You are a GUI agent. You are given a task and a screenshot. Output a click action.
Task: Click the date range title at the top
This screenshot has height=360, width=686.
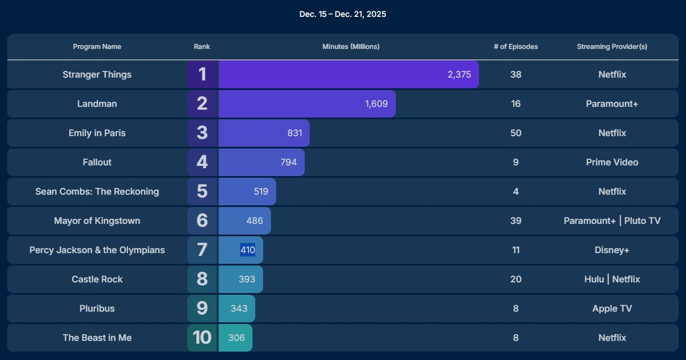click(342, 14)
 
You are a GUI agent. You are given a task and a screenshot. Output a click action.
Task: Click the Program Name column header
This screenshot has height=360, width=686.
click(97, 47)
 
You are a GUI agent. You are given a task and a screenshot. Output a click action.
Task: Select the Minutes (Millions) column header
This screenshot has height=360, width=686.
click(351, 47)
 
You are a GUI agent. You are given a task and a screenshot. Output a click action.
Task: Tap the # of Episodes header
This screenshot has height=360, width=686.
click(516, 47)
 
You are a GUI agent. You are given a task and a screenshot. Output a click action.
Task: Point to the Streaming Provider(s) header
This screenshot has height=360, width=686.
click(612, 47)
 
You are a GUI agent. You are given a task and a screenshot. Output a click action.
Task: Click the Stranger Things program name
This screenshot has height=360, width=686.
click(97, 75)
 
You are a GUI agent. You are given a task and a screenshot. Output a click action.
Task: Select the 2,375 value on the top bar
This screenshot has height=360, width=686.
click(459, 75)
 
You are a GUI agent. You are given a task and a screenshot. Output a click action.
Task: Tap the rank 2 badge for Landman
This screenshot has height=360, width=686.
click(202, 103)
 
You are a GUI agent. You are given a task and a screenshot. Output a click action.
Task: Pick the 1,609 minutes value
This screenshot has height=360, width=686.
click(376, 104)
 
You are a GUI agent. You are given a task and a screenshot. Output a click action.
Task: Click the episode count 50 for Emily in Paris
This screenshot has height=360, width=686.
click(516, 133)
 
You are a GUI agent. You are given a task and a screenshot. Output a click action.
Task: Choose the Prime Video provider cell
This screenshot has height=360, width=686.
click(612, 163)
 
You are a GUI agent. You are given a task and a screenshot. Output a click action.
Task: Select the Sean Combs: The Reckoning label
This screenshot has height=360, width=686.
click(97, 192)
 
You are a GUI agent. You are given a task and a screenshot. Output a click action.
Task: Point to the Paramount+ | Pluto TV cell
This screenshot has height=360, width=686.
click(612, 221)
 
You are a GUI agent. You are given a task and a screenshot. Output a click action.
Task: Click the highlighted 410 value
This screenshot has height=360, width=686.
click(247, 250)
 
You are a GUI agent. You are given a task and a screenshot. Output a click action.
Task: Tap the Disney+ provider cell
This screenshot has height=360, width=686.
click(612, 250)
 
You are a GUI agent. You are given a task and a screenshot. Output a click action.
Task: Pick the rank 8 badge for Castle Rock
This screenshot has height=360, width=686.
click(202, 279)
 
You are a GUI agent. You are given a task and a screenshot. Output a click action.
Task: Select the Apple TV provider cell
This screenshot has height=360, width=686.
click(612, 309)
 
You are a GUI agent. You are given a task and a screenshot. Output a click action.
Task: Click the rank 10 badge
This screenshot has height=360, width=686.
click(202, 337)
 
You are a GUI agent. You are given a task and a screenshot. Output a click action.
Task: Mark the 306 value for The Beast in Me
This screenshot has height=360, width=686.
click(236, 338)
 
